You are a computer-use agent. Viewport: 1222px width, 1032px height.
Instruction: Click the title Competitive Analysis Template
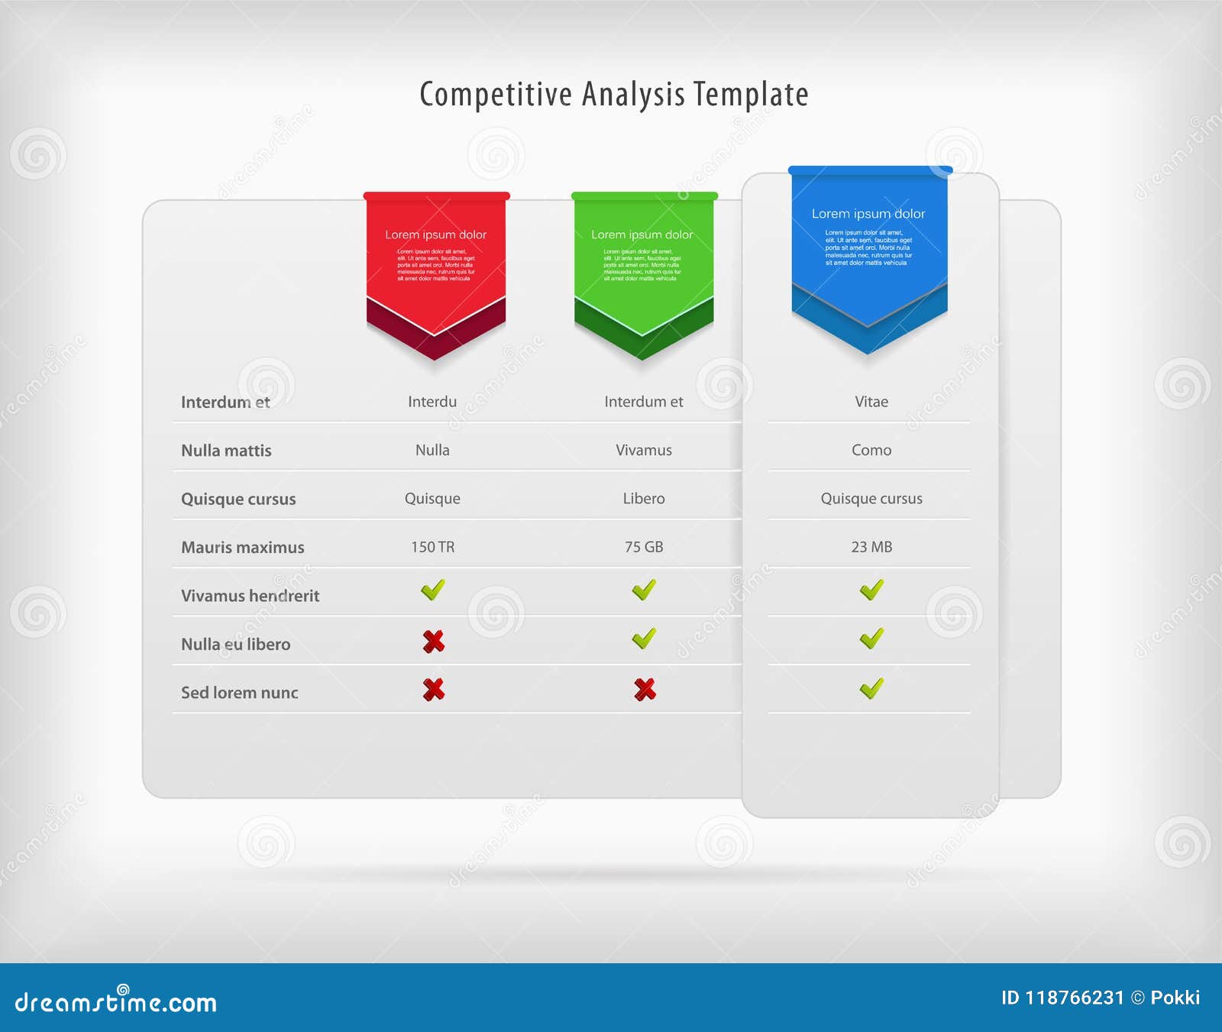(614, 95)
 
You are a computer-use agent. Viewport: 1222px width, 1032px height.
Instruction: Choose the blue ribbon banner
(869, 244)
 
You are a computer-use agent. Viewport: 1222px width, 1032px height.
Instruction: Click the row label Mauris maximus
(242, 547)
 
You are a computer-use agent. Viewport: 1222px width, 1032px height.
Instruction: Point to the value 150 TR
(432, 547)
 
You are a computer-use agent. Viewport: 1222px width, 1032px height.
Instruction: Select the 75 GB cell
(644, 547)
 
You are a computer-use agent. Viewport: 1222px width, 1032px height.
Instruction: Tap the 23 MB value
(871, 547)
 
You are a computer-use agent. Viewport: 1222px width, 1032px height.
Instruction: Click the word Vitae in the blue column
(871, 402)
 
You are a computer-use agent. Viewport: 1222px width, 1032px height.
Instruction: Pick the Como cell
(871, 450)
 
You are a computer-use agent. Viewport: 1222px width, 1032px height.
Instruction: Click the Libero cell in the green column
(644, 498)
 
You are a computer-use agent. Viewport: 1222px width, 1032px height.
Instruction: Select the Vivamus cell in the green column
(644, 450)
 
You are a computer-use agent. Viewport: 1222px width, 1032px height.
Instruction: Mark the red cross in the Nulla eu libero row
(433, 642)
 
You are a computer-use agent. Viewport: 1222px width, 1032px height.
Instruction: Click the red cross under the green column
(645, 690)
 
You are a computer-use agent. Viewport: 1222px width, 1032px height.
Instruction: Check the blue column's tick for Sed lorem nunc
(871, 688)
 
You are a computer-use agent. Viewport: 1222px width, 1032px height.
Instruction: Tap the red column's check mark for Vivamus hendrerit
(432, 590)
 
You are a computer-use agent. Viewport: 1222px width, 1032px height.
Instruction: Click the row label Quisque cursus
(238, 499)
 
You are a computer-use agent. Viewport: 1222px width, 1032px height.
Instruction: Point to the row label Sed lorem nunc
(239, 693)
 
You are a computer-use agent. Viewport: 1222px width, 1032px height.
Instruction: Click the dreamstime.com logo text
(116, 1001)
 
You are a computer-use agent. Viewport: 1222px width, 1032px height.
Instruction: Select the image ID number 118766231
(1074, 998)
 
